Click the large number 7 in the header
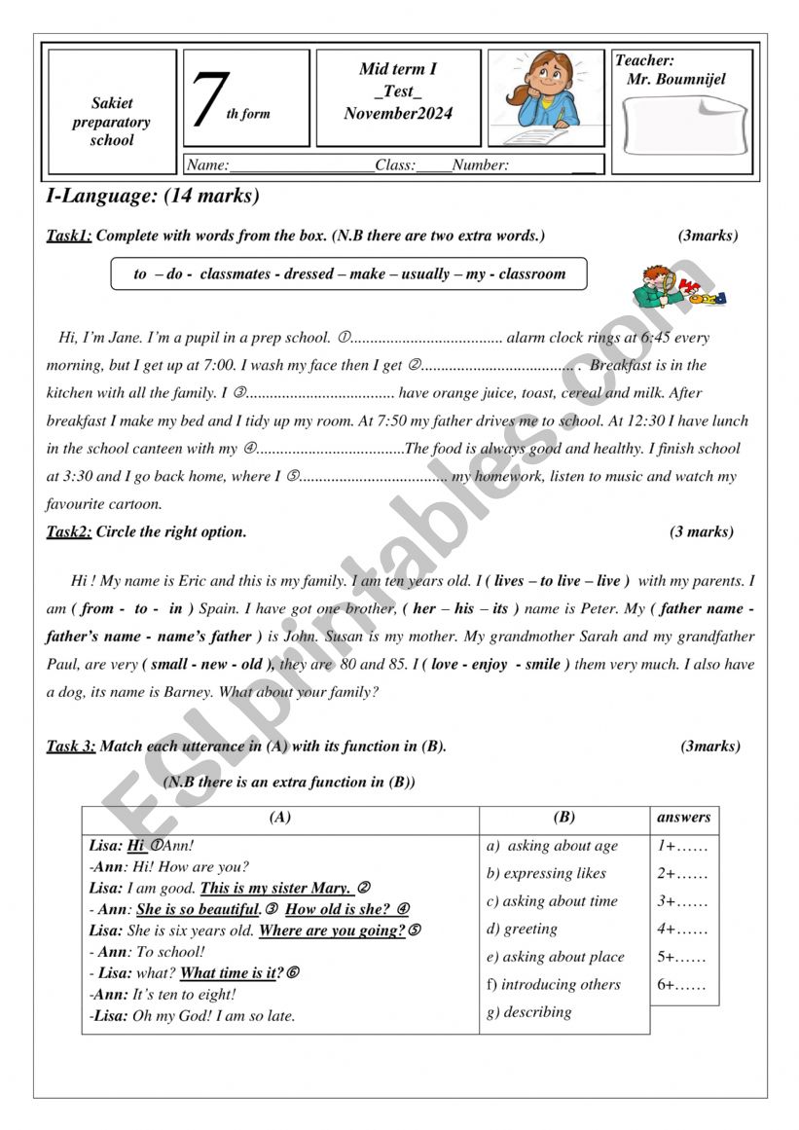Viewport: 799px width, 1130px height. click(x=206, y=99)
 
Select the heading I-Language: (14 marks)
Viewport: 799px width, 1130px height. click(x=153, y=197)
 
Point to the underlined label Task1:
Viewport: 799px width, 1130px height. click(x=69, y=236)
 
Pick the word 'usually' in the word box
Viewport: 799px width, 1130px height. click(x=425, y=274)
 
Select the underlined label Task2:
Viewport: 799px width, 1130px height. click(x=69, y=532)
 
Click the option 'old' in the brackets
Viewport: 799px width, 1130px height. click(x=254, y=665)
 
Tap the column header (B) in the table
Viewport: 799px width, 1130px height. click(x=563, y=819)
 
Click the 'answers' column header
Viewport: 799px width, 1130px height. click(x=684, y=818)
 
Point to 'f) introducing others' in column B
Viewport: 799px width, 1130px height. click(x=553, y=985)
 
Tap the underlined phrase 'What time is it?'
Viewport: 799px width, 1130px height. click(x=232, y=973)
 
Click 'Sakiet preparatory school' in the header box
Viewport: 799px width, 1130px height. click(x=112, y=122)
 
